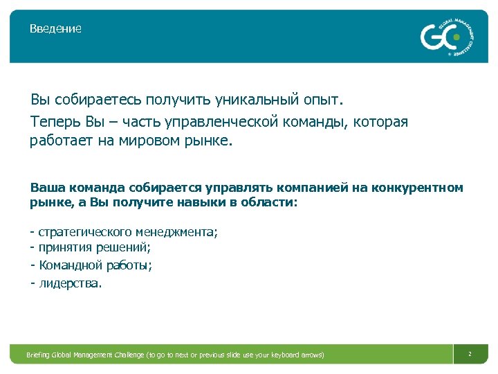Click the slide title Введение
pyautogui.click(x=55, y=29)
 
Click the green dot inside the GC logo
pyautogui.click(x=456, y=37)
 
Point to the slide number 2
pyautogui.click(x=470, y=354)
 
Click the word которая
pyautogui.click(x=380, y=122)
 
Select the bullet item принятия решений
pyautogui.click(x=94, y=248)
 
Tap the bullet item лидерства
pyautogui.click(x=69, y=283)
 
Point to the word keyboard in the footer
pyautogui.click(x=283, y=355)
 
